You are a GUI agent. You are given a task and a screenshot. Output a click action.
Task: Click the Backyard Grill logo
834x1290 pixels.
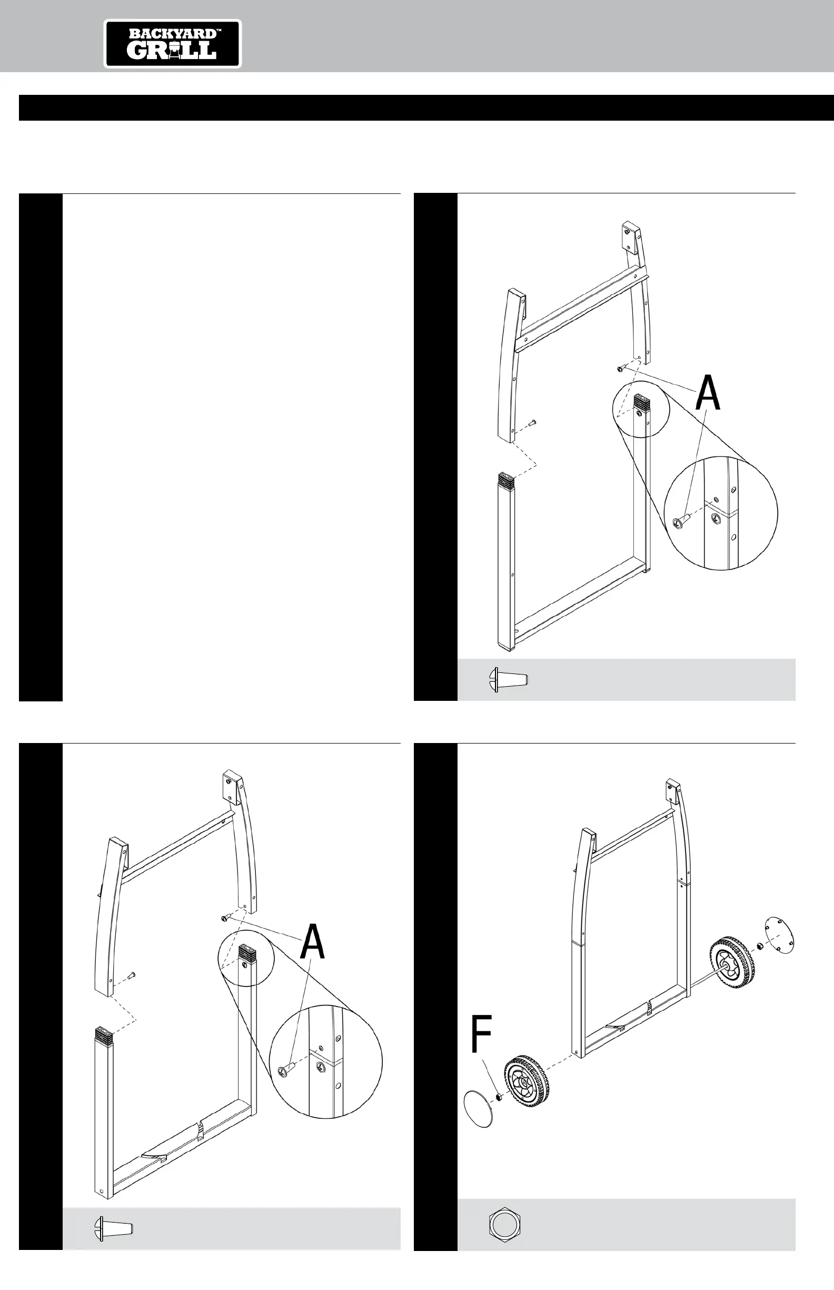tap(173, 44)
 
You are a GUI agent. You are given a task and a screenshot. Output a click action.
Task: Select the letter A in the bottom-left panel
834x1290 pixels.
tap(312, 943)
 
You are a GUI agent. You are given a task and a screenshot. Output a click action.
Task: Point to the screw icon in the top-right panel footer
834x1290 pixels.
tap(508, 680)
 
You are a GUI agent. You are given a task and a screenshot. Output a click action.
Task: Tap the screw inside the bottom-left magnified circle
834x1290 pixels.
tap(286, 1069)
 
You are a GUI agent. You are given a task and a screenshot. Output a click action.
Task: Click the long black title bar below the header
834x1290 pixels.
tap(426, 108)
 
